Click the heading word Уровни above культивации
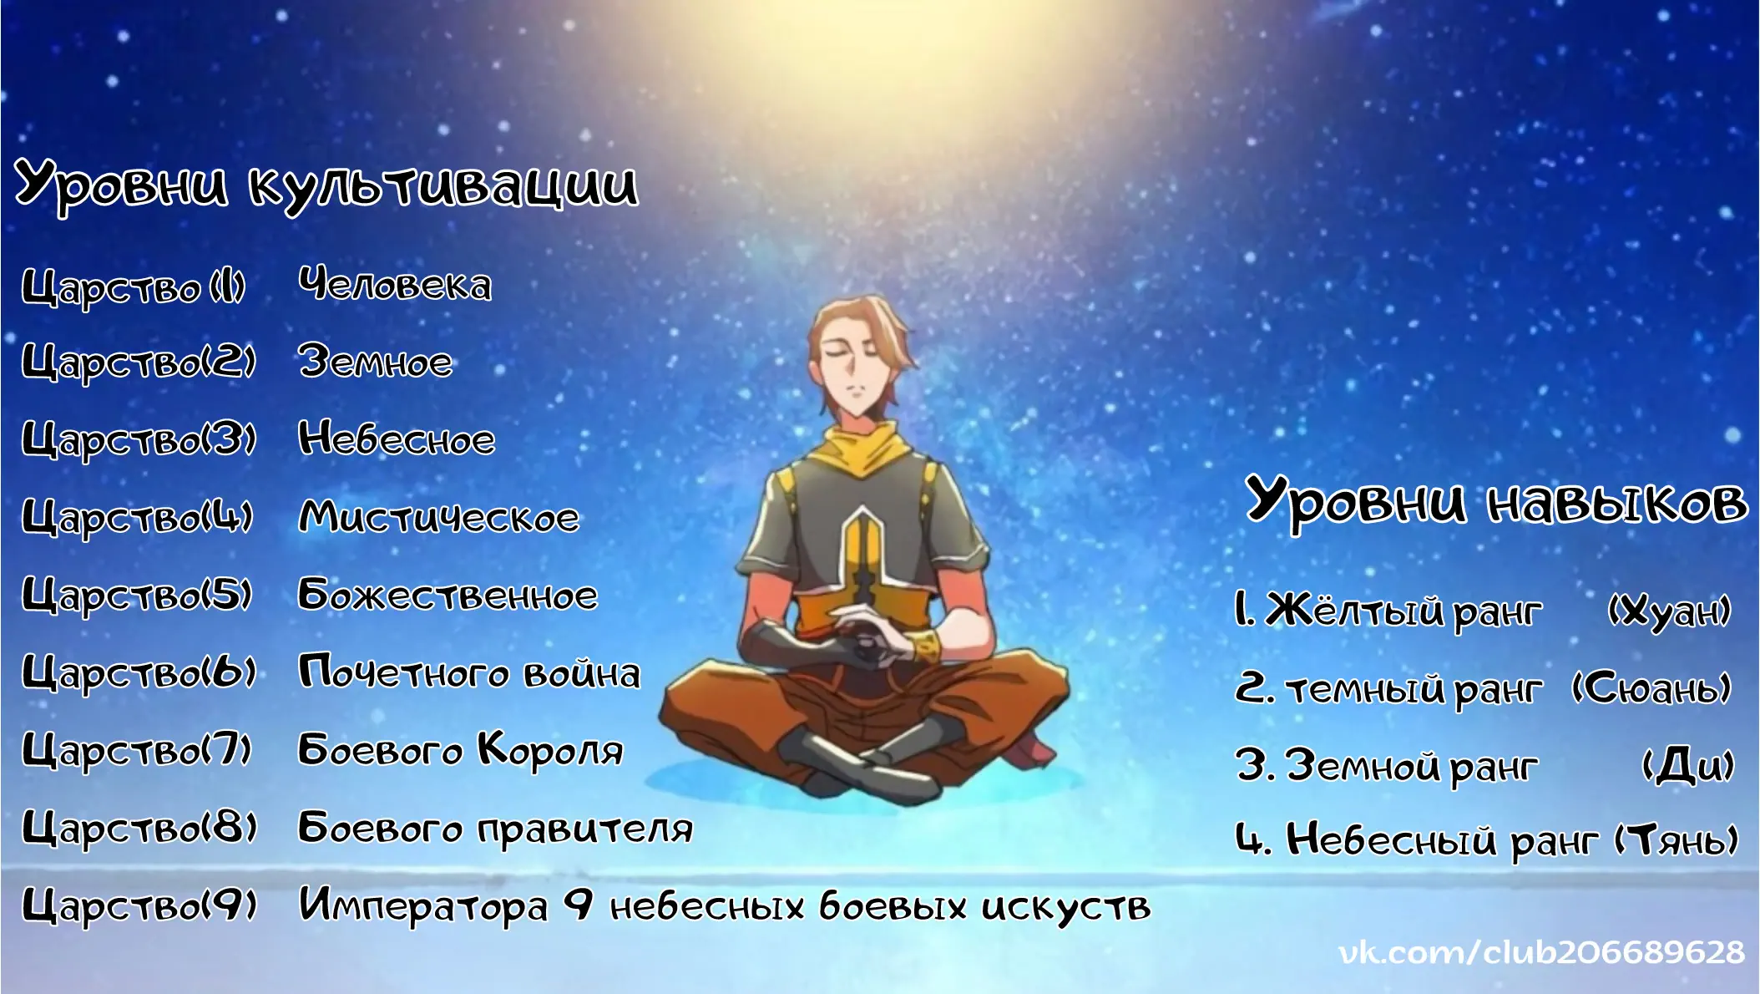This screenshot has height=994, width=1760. (122, 184)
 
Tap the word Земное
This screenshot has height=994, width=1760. (376, 362)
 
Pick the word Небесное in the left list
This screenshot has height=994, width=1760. (397, 439)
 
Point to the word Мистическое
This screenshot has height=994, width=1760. (439, 516)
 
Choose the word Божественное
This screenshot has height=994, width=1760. (448, 594)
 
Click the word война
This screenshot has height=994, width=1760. (582, 672)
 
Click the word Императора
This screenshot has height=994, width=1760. (424, 906)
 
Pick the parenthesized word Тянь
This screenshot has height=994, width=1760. (1676, 839)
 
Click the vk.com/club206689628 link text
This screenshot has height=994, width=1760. (1541, 952)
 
